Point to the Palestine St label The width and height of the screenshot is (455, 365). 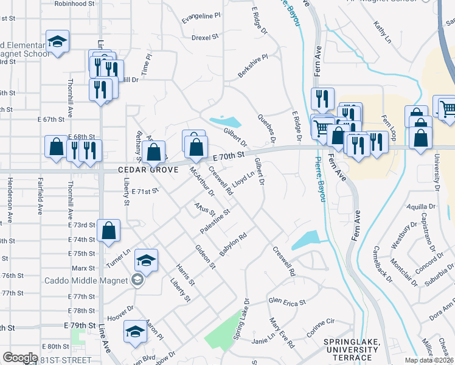(215, 223)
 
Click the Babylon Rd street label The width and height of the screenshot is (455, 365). (233, 245)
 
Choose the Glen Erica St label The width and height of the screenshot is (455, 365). (287, 301)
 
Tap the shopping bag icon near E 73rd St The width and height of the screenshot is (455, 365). (108, 231)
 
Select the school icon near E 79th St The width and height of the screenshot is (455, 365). (135, 332)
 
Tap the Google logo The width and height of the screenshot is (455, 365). (20, 358)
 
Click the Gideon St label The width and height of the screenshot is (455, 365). (205, 257)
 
